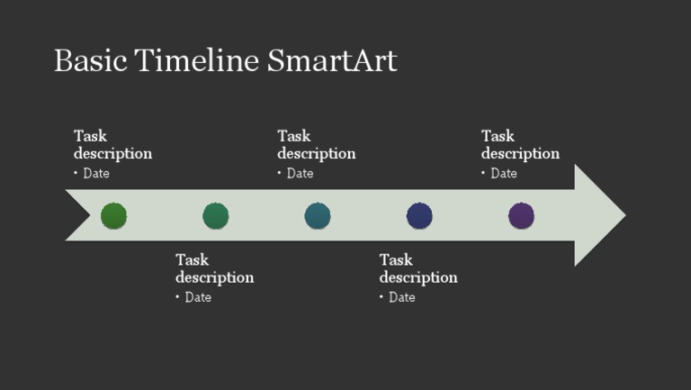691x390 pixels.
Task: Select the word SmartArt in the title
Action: point(332,60)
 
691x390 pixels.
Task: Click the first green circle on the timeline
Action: point(113,216)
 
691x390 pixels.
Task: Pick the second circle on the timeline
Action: point(215,216)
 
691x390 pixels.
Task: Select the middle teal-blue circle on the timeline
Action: point(318,216)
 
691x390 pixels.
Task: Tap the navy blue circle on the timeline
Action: point(419,216)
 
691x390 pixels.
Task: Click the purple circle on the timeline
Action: point(521,216)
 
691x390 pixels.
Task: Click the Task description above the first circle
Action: point(112,144)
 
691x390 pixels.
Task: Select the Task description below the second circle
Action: point(214,268)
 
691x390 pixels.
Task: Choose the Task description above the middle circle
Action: point(316,144)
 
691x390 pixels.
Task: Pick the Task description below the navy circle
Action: point(417,268)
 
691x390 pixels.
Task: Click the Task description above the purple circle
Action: point(520,144)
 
